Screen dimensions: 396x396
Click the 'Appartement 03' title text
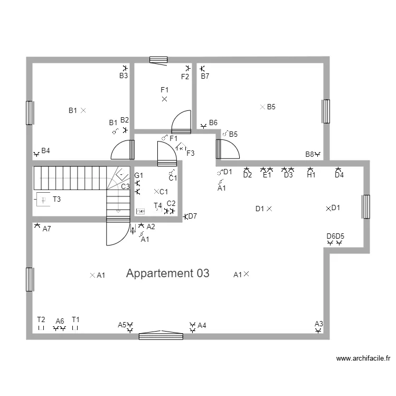(x=167, y=274)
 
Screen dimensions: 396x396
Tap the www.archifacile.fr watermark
(x=363, y=359)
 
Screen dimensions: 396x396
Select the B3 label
(x=123, y=76)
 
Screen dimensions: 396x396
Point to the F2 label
(x=185, y=77)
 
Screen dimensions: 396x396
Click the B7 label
(x=205, y=76)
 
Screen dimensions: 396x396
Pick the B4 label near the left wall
(x=46, y=151)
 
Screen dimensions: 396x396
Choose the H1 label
(x=311, y=175)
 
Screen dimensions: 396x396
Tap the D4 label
(x=339, y=175)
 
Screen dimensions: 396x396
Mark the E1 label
(x=267, y=175)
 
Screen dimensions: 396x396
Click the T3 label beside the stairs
(x=56, y=199)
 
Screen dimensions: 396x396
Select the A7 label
(x=46, y=229)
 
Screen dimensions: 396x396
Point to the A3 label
(x=318, y=324)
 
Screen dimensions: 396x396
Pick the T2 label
(x=41, y=319)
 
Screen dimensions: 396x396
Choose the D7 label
(x=192, y=216)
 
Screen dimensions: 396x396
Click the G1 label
(x=138, y=175)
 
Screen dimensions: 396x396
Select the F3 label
(x=191, y=154)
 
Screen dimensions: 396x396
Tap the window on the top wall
(x=158, y=60)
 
